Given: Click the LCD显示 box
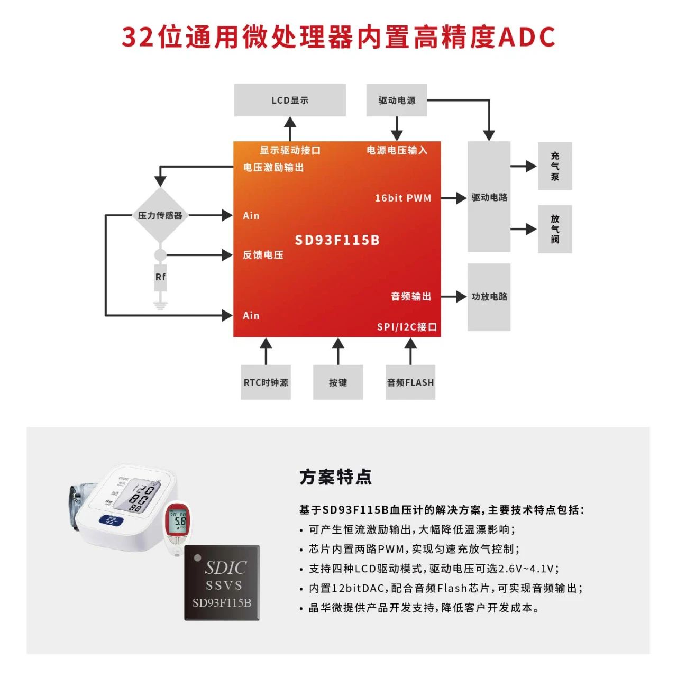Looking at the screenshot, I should point(290,100).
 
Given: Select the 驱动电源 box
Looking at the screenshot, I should point(397,100).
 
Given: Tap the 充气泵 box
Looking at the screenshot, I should point(555,166).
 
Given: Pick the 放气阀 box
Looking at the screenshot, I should point(555,229).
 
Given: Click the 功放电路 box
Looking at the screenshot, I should point(489,297).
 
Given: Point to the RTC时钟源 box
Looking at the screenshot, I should point(266,382).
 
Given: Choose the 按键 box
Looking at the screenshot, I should point(338,382).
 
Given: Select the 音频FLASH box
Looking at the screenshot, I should point(410,382).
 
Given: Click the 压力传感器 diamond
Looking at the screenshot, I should point(160,215).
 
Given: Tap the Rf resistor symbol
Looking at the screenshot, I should point(160,277).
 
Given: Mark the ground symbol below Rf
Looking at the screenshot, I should point(160,305).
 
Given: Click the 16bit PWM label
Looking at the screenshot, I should point(403,198).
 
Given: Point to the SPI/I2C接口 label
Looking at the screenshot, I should point(407,327).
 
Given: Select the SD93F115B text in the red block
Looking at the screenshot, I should point(337,240).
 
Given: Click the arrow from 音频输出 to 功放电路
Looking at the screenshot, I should point(454,297).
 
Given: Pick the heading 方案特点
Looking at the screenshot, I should point(336,477).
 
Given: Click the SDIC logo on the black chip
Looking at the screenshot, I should point(226,568).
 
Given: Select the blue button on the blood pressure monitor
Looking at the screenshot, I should point(111,520).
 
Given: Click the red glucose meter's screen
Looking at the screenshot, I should point(178,521).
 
